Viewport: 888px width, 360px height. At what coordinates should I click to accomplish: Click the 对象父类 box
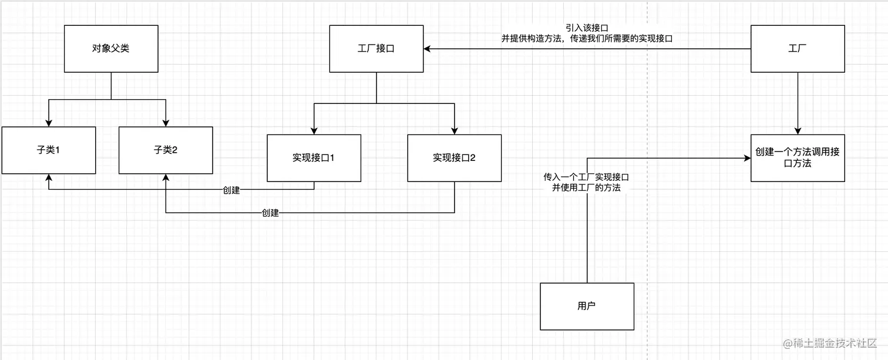coord(111,49)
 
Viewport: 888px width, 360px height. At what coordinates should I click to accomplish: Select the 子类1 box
coord(48,150)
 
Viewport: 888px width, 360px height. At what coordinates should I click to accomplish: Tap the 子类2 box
coord(166,150)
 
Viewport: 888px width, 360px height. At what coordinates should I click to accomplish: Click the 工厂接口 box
coord(376,49)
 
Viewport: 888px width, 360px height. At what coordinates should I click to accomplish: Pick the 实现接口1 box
coord(314,158)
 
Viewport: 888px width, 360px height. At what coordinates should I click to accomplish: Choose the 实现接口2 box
coord(455,158)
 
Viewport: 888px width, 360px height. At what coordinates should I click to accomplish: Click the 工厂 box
coord(798,49)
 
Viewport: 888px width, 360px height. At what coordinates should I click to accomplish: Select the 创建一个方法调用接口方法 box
coord(798,158)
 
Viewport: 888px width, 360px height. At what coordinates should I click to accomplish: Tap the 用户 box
coord(587,306)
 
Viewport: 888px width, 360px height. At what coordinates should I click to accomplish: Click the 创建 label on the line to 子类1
coord(231,190)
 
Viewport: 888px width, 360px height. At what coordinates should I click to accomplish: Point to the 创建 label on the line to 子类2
coord(270,213)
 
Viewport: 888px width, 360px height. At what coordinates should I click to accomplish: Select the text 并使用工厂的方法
coord(587,187)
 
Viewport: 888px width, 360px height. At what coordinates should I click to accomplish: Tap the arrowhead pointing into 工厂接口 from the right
coord(427,49)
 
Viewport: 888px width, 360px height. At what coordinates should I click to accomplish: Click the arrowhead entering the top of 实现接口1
coord(314,130)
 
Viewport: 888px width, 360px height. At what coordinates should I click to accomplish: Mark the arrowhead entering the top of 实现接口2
coord(455,130)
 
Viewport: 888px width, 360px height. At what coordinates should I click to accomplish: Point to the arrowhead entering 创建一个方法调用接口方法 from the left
coord(747,157)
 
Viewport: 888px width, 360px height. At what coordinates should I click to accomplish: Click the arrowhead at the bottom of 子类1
coord(48,177)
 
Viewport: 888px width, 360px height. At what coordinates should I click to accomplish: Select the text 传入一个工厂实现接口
coord(587,176)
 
